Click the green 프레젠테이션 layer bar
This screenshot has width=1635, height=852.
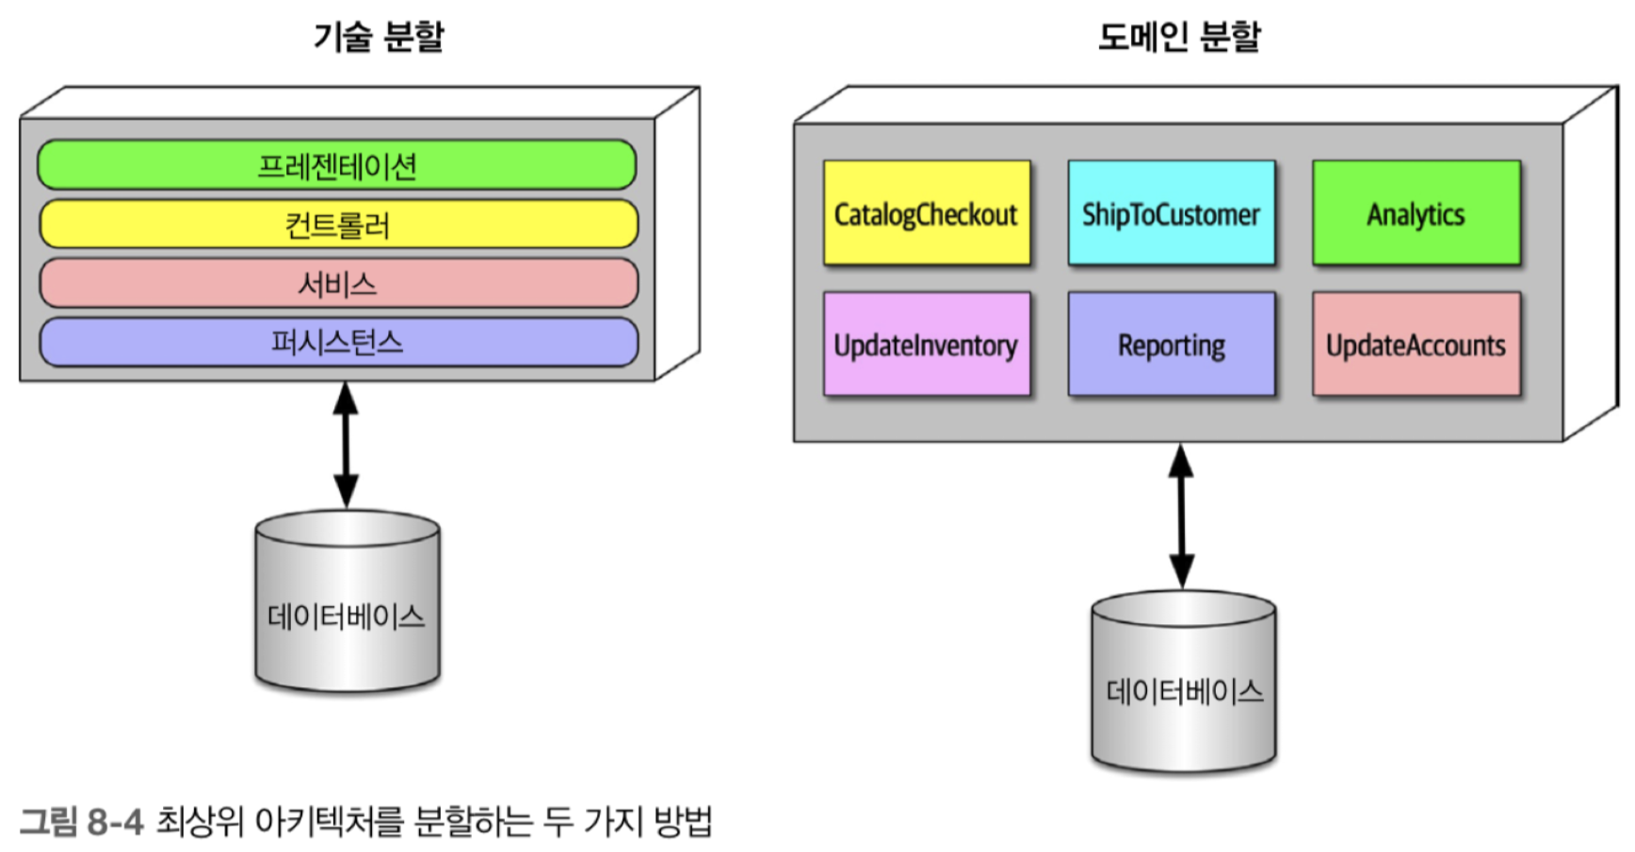[x=337, y=165]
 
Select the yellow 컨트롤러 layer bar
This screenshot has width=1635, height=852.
[x=338, y=224]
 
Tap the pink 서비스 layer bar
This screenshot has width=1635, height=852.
[x=338, y=283]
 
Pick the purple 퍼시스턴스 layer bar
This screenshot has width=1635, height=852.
[x=338, y=341]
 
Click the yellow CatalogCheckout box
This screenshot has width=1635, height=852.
[x=927, y=213]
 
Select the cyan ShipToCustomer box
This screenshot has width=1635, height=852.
[x=1172, y=213]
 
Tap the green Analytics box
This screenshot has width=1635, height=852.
[x=1416, y=213]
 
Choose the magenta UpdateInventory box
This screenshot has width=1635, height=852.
[x=927, y=344]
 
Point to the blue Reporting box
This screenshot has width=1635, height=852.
[x=1172, y=344]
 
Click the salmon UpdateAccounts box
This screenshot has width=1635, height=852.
[x=1416, y=344]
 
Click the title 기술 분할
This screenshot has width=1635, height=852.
[x=379, y=37]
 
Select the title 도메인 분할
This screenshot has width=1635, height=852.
[x=1179, y=37]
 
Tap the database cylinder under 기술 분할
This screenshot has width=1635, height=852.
[x=347, y=600]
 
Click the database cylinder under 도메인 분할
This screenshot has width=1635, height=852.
[x=1184, y=681]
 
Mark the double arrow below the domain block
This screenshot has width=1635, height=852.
[x=1181, y=516]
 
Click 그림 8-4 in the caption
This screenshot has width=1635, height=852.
[x=82, y=822]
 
